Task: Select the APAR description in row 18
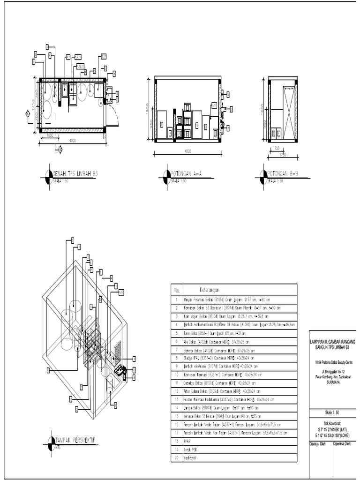point(187,441)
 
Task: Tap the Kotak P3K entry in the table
point(190,450)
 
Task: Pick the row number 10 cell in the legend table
point(177,375)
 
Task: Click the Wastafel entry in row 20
point(190,457)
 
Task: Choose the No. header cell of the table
point(177,289)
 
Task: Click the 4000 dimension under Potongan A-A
point(187,151)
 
